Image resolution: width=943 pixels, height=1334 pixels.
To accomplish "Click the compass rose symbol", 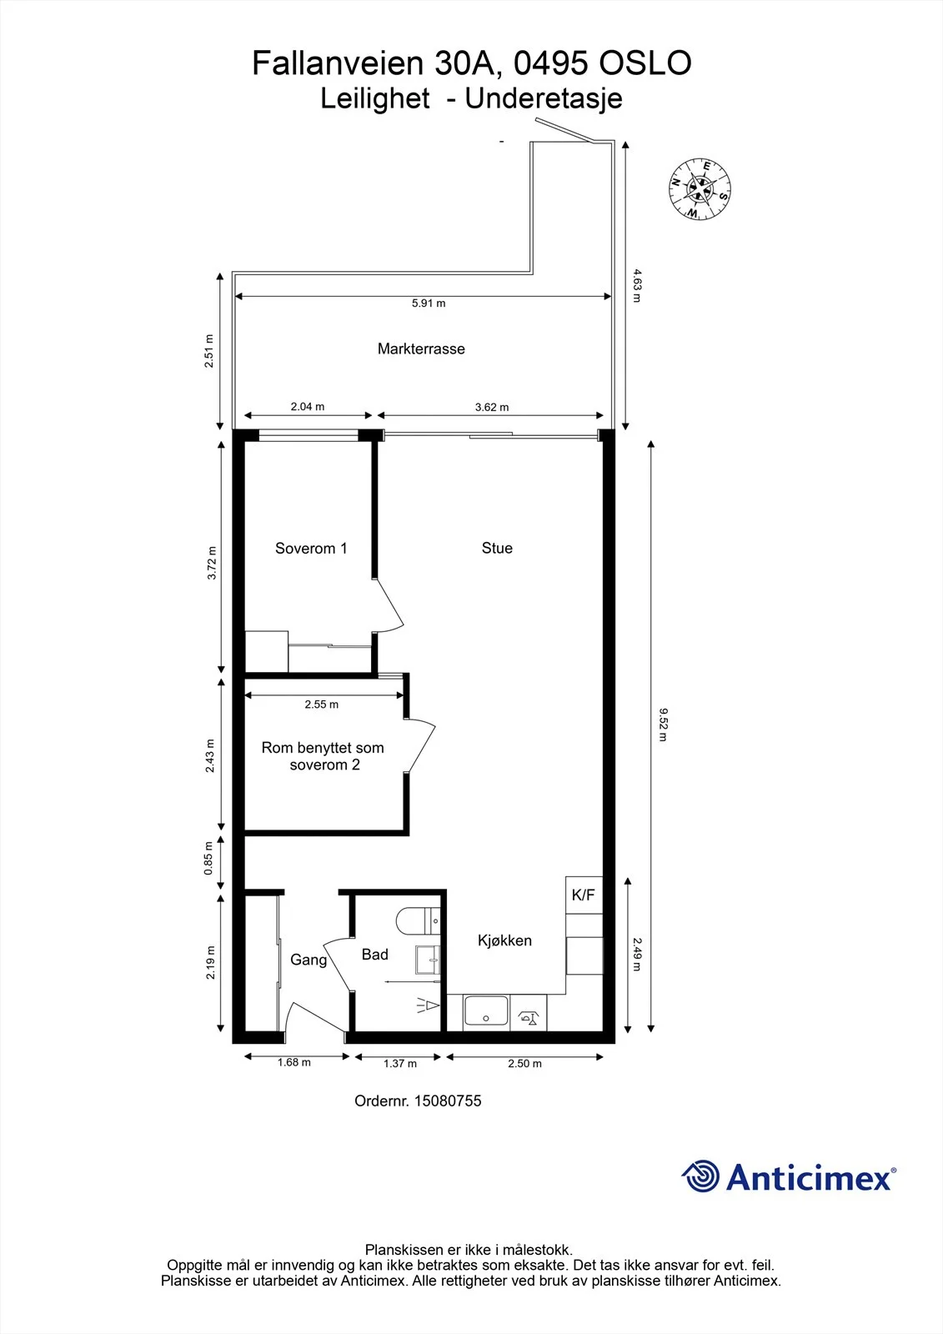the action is pos(700,188).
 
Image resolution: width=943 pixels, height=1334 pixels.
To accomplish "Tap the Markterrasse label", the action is pos(421,349).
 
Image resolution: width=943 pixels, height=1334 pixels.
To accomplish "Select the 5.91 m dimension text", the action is pos(429,303).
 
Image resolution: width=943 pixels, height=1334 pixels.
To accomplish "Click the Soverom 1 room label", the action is pos(311,549).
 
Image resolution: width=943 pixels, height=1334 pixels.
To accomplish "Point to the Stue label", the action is pos(497,548).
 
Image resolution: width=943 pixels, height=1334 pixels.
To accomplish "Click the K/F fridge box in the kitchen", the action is pos(584,895).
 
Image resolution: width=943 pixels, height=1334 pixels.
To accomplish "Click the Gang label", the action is pos(308,960).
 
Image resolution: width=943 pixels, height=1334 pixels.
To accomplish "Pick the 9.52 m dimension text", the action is pos(663,725).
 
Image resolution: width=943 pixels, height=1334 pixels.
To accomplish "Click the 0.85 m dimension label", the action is pos(208,858).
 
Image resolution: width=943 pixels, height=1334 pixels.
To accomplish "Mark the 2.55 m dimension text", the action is pos(322,705).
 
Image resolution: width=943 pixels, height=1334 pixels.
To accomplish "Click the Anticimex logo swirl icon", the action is pos(701,1176).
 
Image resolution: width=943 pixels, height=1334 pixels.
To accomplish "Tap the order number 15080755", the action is pos(448,1101).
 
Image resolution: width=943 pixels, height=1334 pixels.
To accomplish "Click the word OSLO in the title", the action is pos(645,63).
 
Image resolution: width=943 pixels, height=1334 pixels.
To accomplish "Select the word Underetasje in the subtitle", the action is pos(544,99).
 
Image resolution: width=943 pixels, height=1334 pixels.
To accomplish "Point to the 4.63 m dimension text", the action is pos(637,286).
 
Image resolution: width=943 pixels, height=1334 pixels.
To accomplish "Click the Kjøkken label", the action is pos(504,940).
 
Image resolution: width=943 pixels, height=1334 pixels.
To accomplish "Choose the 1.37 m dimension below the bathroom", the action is pos(400,1064).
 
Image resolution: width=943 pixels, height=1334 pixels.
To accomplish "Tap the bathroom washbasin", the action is pos(428,960).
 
